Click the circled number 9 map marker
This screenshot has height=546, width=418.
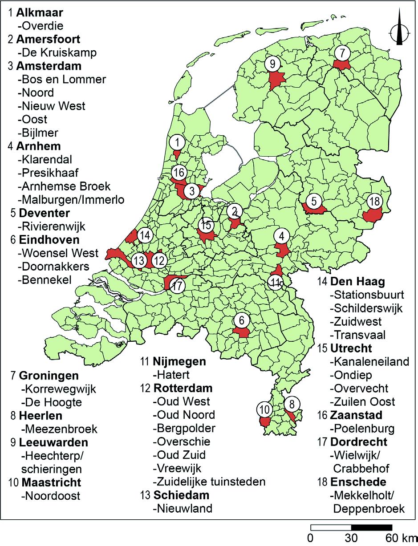[x=272, y=64]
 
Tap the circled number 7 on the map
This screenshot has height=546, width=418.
[x=342, y=53]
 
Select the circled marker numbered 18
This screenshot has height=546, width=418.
[x=375, y=201]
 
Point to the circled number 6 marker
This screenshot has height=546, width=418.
[x=241, y=320]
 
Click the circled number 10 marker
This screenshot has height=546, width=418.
[x=264, y=408]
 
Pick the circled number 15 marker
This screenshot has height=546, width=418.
[x=206, y=225]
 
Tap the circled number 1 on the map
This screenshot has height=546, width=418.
[x=177, y=143]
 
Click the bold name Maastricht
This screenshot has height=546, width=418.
[x=51, y=482]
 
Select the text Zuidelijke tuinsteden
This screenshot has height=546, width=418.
[x=209, y=481]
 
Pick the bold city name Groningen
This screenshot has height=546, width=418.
[x=49, y=376]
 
